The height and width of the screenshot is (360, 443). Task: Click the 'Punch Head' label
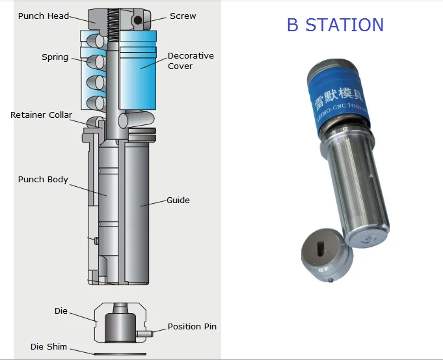[x=43, y=16]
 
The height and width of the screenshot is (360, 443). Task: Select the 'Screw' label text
[x=183, y=16]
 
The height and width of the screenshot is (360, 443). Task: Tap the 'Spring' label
[x=55, y=57]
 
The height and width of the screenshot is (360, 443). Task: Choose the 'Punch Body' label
[x=43, y=179]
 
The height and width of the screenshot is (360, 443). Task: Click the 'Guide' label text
[x=178, y=201]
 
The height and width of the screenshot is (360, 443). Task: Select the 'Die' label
[x=60, y=311]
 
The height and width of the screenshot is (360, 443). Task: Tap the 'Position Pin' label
[x=192, y=326]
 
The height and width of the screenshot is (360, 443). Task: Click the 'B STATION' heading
[x=335, y=25]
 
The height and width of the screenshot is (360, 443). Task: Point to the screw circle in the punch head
[x=139, y=21]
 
